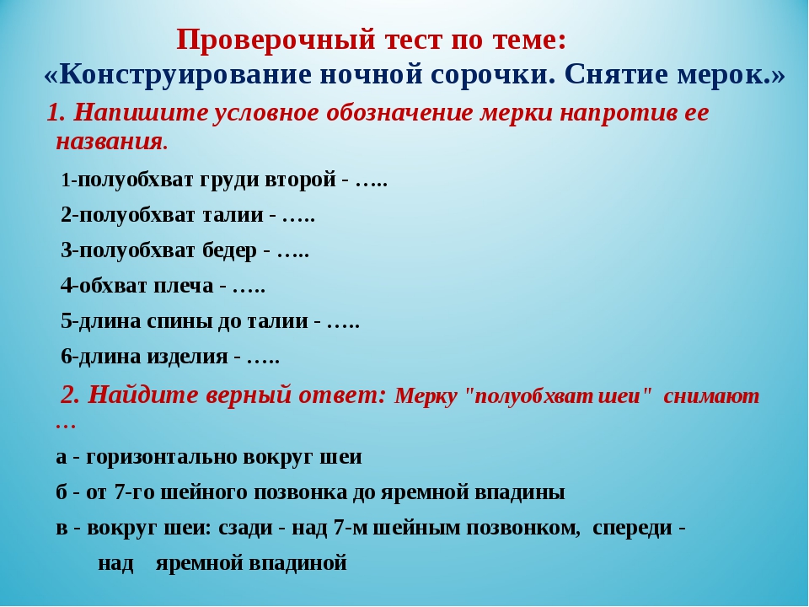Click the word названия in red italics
(x=111, y=141)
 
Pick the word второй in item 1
(x=300, y=180)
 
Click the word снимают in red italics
(x=711, y=396)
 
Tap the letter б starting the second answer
(x=62, y=492)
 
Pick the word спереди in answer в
(x=633, y=528)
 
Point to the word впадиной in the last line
(x=297, y=562)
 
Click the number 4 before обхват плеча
(x=67, y=286)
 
